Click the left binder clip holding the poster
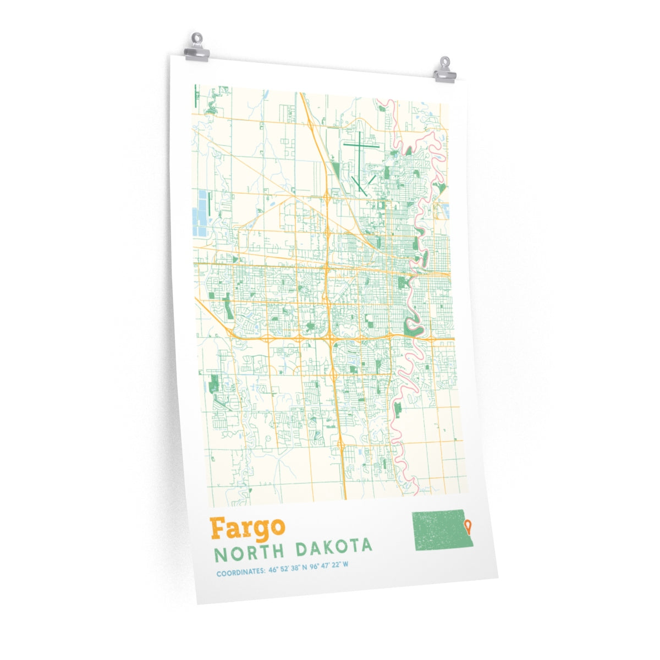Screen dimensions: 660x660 (x=197, y=48)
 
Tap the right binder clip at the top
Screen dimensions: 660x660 (x=444, y=71)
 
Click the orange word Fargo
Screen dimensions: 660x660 (x=247, y=529)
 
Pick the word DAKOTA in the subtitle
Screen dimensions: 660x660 (x=334, y=548)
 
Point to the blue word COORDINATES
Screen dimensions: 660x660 (x=241, y=573)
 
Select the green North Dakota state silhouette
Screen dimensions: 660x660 (x=439, y=530)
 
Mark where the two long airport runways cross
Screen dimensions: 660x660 (x=359, y=146)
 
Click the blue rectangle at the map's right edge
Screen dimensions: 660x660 (x=445, y=211)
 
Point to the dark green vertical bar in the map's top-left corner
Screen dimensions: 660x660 (x=196, y=97)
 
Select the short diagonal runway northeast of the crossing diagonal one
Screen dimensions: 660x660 (x=371, y=179)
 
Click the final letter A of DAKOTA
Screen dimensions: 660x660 (x=366, y=546)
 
